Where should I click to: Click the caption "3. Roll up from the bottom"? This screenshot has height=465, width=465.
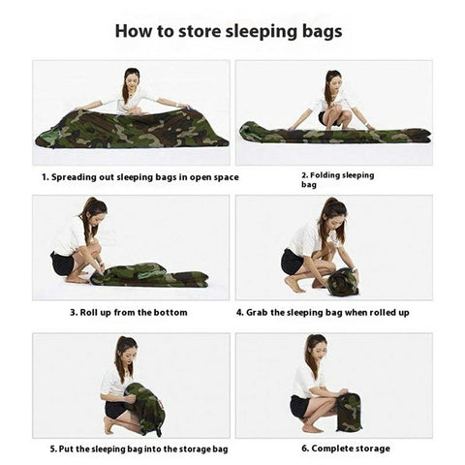pos(128,313)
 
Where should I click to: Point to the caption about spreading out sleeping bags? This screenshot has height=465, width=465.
pos(139,177)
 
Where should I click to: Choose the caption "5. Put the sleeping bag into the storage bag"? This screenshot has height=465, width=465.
pos(139,449)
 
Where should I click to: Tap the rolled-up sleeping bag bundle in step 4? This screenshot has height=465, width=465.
pos(341,282)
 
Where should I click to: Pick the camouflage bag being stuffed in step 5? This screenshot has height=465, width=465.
pos(145,408)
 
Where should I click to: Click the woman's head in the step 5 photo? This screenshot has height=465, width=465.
pos(125,349)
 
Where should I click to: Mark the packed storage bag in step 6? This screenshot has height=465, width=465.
pos(348,413)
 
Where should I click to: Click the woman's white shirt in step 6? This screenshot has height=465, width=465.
pos(305,379)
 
